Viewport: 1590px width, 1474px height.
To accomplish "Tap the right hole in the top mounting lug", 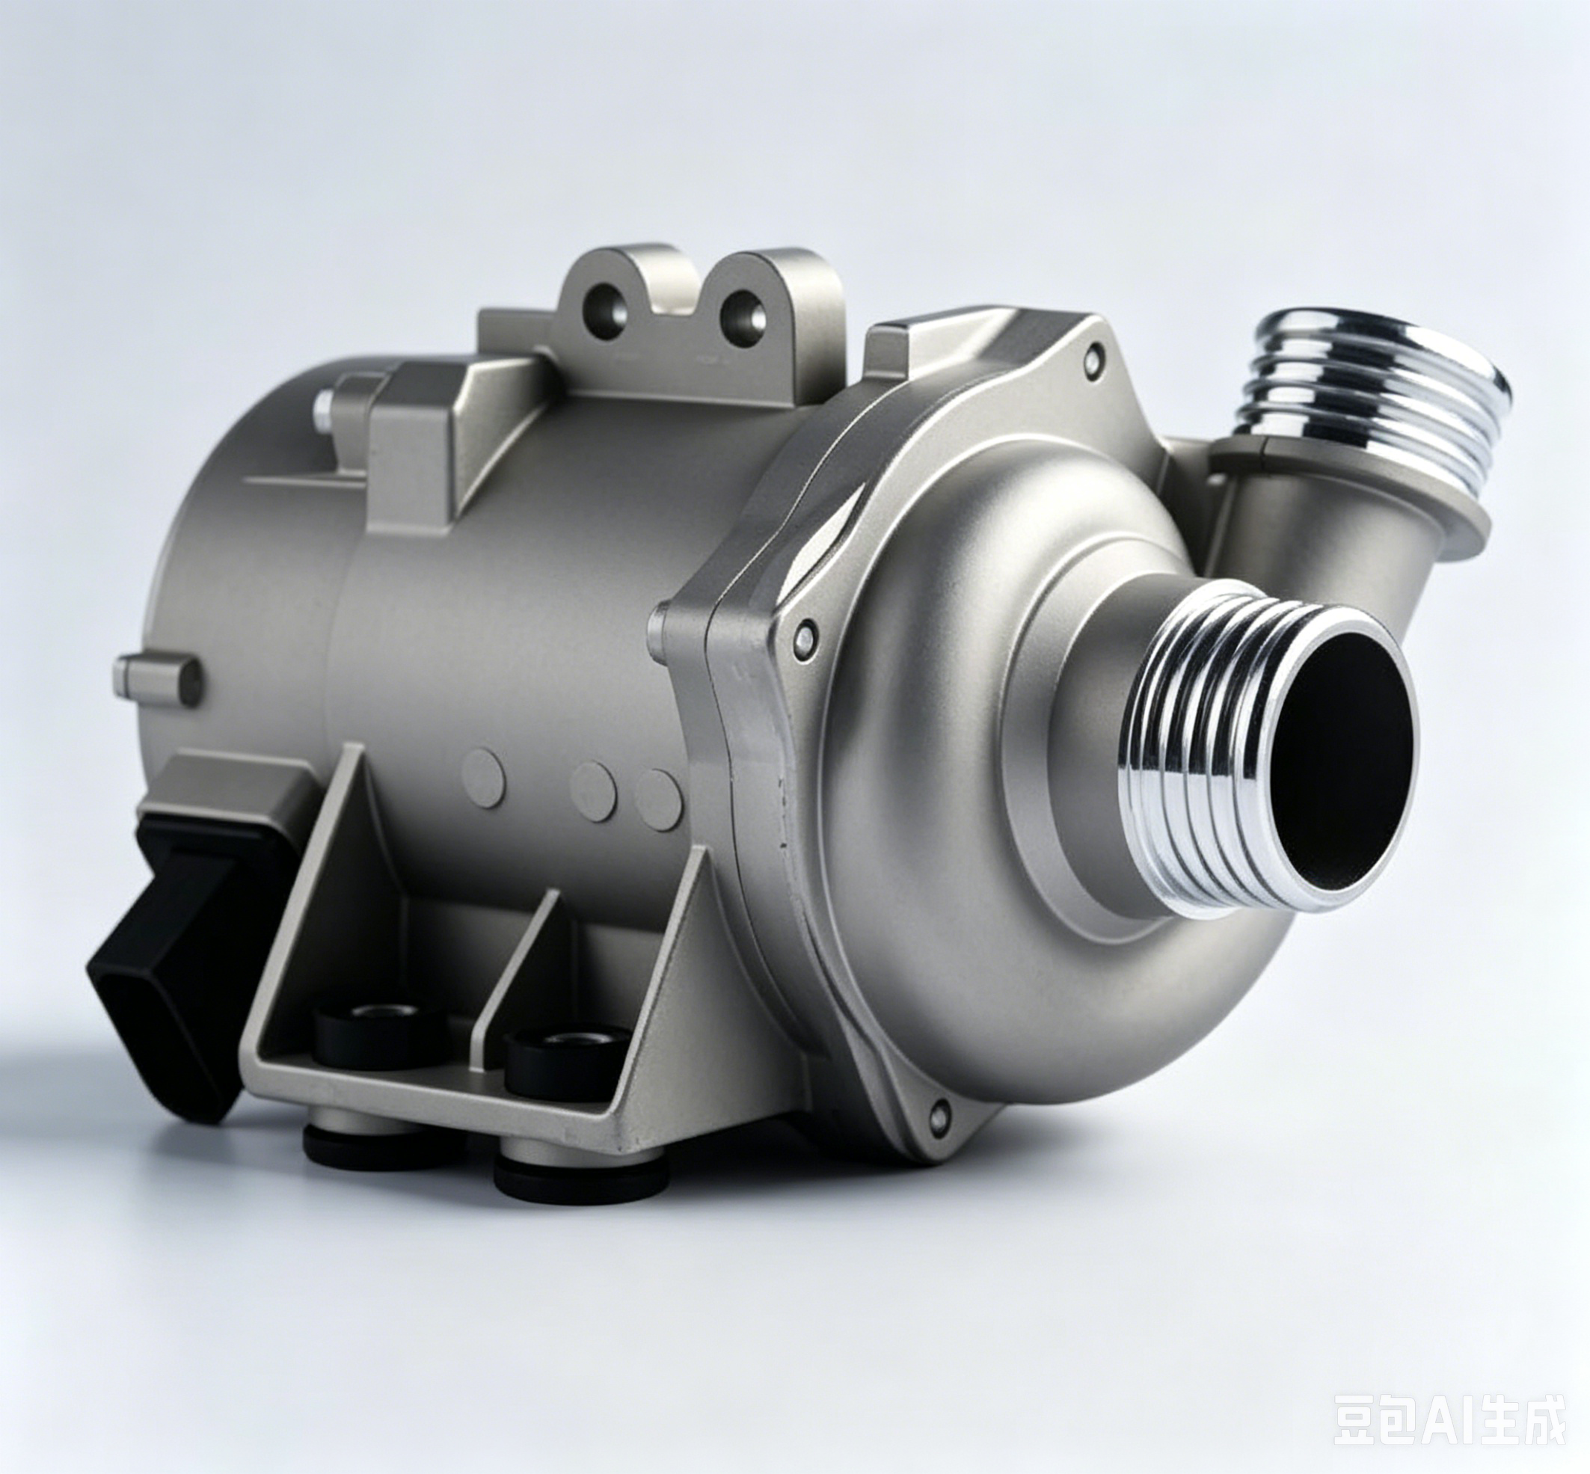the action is (x=742, y=313).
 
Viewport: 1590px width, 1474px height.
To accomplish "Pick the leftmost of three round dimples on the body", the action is (x=483, y=775).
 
